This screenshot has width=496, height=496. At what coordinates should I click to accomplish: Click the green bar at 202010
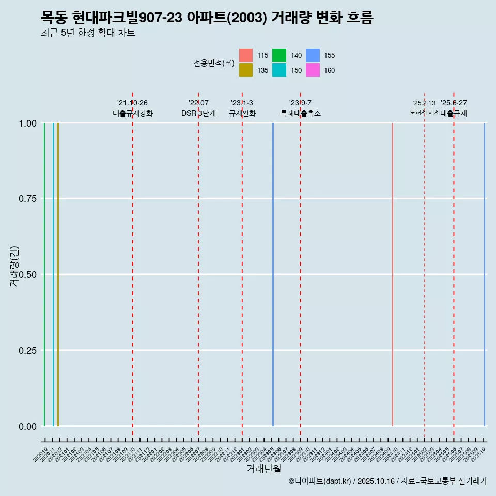click(x=44, y=274)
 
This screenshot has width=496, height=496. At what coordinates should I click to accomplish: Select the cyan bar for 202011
click(x=53, y=274)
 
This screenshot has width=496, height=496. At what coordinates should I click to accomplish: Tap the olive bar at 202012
click(x=58, y=274)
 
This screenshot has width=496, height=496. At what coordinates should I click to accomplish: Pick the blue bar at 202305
click(x=273, y=274)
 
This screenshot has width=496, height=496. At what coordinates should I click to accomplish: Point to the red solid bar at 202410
click(x=393, y=274)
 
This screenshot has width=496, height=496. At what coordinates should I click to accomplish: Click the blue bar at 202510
click(x=484, y=274)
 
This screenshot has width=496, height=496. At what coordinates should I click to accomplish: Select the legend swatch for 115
click(x=246, y=55)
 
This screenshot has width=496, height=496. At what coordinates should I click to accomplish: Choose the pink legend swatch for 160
click(x=312, y=70)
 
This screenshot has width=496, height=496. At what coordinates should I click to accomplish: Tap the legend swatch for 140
click(x=279, y=55)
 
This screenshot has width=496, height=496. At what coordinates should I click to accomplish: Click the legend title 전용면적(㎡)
click(x=214, y=63)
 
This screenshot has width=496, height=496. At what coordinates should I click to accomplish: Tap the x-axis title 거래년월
click(x=263, y=469)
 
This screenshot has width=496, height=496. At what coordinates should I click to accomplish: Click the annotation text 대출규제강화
click(x=133, y=113)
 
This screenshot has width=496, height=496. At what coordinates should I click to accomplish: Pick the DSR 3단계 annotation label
click(x=198, y=113)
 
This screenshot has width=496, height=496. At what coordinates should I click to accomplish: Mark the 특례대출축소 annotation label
click(x=301, y=113)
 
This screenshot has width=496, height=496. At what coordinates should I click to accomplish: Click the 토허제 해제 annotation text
click(x=424, y=112)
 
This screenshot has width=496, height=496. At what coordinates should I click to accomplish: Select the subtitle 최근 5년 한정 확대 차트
click(x=88, y=33)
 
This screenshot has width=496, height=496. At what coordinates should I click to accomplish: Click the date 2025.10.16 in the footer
click(x=376, y=481)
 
